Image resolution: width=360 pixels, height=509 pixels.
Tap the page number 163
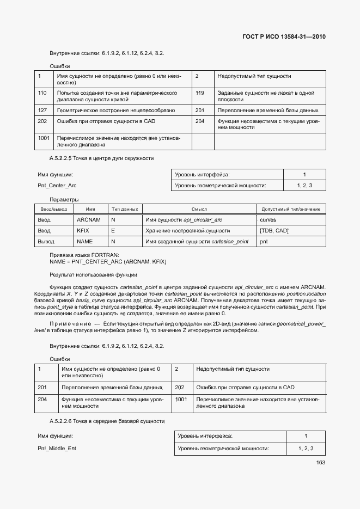click(320, 463)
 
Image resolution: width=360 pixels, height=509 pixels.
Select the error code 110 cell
click(42, 93)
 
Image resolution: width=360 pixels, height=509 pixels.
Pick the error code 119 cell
click(200, 93)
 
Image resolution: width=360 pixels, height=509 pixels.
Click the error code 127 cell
click(42, 110)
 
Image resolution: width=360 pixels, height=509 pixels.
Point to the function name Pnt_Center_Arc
click(57, 186)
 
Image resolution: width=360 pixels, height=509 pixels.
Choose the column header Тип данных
click(125, 209)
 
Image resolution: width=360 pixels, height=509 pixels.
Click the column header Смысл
click(199, 209)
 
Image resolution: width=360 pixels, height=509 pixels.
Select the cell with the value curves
click(268, 219)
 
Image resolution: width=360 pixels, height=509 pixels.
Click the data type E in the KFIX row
click(113, 230)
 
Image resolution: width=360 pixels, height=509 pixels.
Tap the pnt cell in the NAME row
click(264, 241)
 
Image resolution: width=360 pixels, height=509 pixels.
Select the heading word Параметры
click(64, 199)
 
